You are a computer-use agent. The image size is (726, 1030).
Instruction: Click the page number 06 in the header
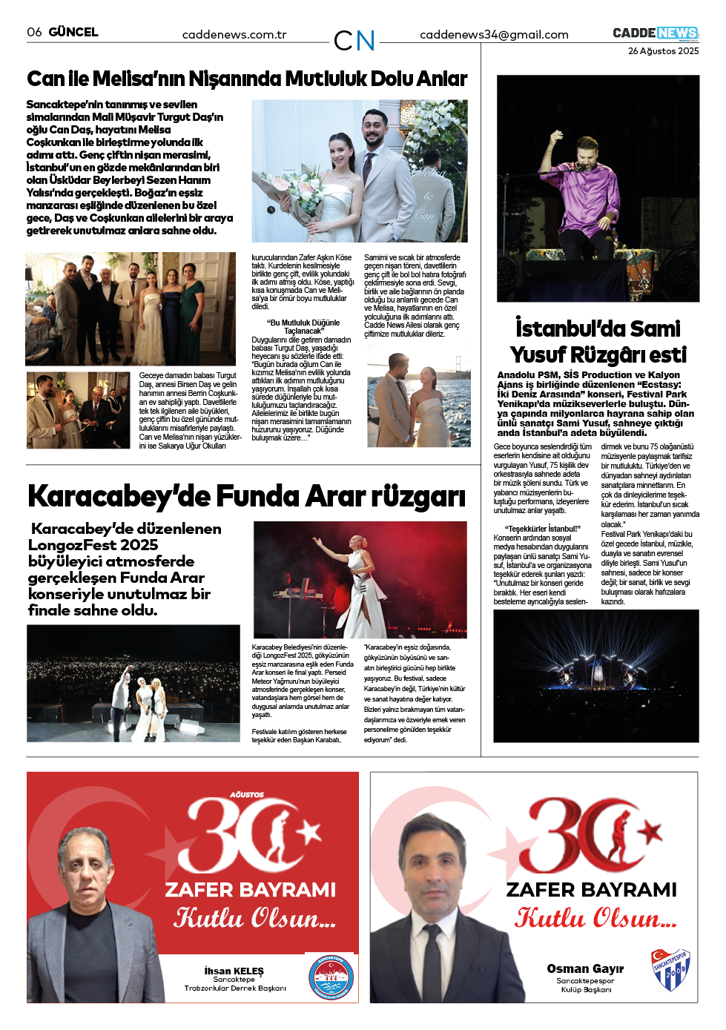coord(34,32)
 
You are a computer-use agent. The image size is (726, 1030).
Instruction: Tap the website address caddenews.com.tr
coord(234,35)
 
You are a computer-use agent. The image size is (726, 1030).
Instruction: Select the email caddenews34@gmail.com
coord(494,35)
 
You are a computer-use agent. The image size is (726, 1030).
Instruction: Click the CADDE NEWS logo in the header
coord(656,33)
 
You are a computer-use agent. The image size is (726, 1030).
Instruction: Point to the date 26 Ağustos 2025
coord(663,51)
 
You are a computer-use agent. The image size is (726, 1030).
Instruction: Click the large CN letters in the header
coord(354,41)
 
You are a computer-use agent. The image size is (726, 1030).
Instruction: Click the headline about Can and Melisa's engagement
coord(247,79)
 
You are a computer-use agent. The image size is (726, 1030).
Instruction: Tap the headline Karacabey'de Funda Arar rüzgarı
coord(246,496)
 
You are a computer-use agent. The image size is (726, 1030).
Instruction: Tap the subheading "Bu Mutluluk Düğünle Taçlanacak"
coord(303,326)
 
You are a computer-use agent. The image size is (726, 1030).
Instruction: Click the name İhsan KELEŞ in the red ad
coord(234,971)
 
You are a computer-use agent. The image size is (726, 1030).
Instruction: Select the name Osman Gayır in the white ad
coord(585,968)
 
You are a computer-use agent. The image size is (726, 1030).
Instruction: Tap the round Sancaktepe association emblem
coord(330,977)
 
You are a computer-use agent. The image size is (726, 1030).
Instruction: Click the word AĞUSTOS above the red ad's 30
coord(246,794)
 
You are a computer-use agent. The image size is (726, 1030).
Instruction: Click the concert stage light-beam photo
coord(595,676)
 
